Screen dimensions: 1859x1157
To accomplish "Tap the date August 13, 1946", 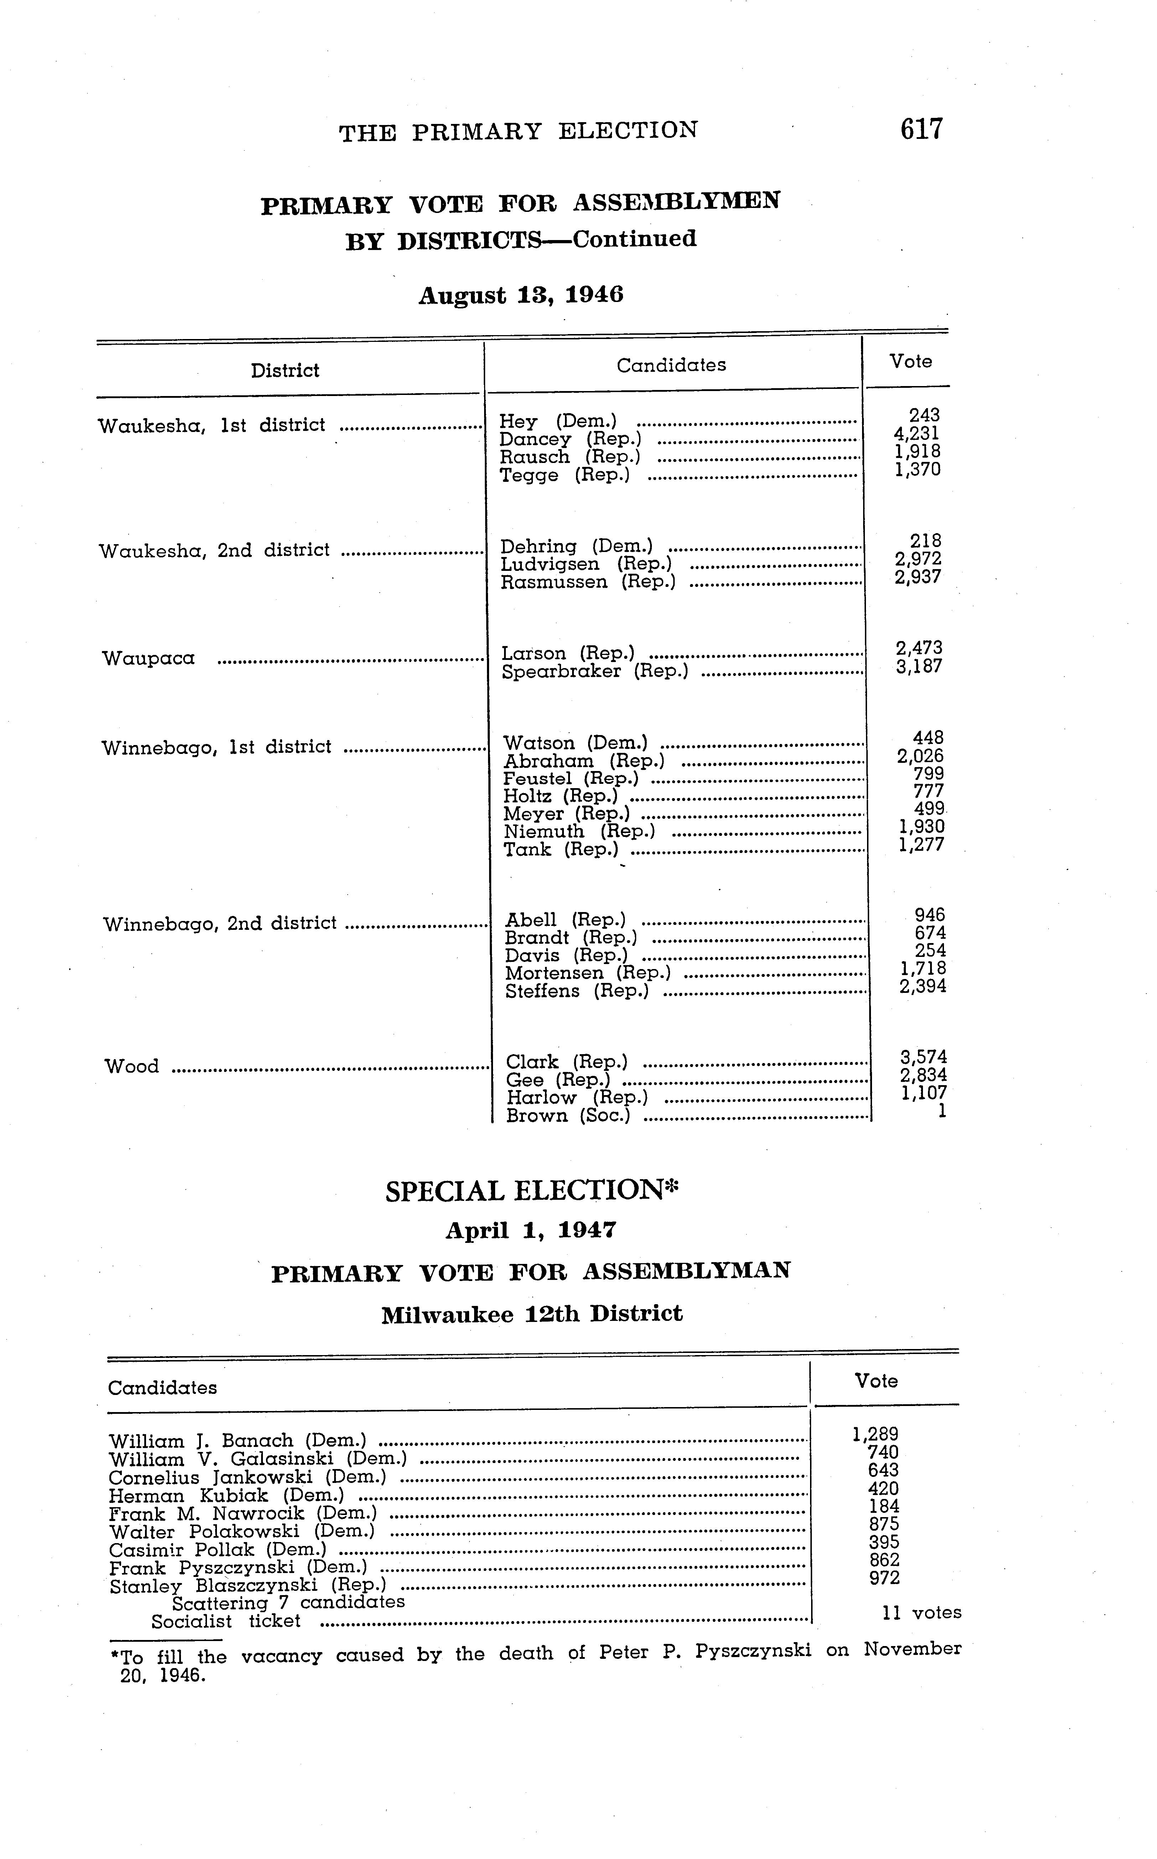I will click(520, 295).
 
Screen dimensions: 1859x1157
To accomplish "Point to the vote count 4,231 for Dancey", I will click(917, 433).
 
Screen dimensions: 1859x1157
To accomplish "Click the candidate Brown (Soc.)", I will click(568, 1115).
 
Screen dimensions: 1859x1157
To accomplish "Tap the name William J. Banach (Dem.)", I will click(237, 1441).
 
